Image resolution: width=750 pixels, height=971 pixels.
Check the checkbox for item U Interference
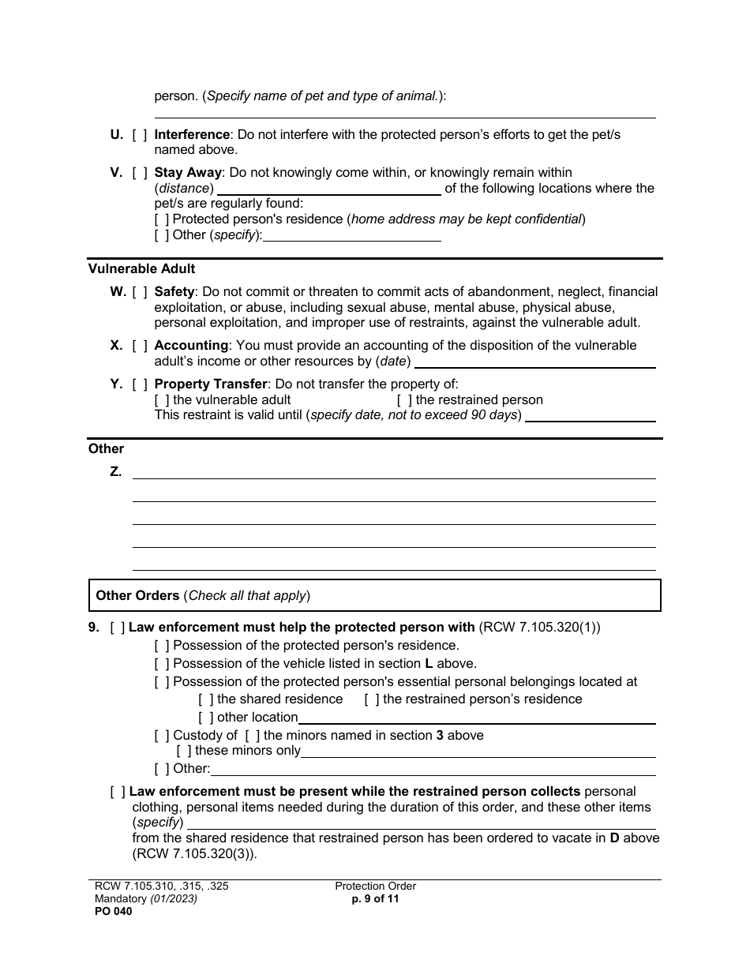click(x=140, y=135)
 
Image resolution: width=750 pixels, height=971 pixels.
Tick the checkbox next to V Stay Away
click(x=140, y=173)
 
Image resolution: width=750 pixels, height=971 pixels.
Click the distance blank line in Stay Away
click(x=328, y=189)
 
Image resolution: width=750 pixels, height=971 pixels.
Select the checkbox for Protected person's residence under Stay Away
click(x=162, y=219)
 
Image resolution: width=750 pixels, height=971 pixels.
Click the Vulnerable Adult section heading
click(x=141, y=269)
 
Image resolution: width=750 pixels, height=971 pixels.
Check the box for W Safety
click(x=140, y=292)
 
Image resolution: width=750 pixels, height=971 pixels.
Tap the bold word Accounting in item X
click(x=191, y=346)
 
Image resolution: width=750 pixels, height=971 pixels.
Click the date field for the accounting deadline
click(x=534, y=362)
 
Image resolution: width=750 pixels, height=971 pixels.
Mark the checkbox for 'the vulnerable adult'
click(x=162, y=400)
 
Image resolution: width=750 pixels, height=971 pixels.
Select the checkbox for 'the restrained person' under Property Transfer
click(x=404, y=400)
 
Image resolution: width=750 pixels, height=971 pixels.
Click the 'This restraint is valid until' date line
click(x=590, y=416)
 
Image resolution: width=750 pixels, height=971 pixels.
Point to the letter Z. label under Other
click(x=116, y=472)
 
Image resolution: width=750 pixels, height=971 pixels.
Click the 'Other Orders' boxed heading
click(x=137, y=596)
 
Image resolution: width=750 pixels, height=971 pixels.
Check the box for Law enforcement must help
click(x=118, y=628)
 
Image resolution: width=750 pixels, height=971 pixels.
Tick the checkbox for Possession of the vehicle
click(x=162, y=664)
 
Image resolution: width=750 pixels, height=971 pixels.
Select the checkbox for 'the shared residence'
click(x=206, y=699)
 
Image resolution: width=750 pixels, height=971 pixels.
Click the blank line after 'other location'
click(x=476, y=718)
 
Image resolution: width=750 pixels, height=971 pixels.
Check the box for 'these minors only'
click(x=184, y=751)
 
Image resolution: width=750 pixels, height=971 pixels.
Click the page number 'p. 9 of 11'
click(x=375, y=898)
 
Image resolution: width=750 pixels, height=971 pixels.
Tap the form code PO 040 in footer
click(x=111, y=911)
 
